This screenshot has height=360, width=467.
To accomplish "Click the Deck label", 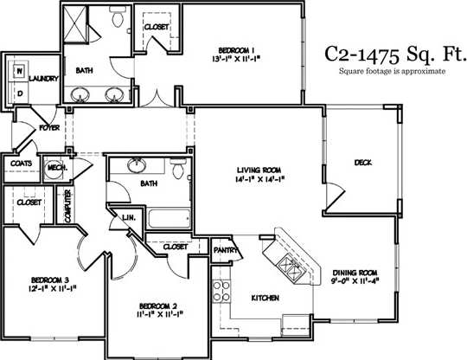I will [362, 162].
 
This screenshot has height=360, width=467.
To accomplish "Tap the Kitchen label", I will [265, 298].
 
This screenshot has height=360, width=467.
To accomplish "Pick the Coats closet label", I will [21, 163].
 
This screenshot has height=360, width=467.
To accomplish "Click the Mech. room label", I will [57, 168].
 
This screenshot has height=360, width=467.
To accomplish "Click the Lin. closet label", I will [128, 218].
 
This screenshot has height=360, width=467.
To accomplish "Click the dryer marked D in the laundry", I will [17, 91].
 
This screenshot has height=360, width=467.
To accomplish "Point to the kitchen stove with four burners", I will [221, 292].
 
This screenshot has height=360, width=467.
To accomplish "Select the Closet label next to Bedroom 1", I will [157, 27].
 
